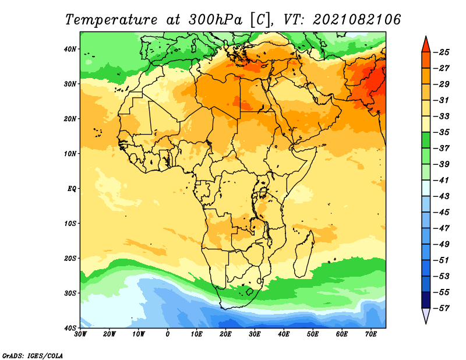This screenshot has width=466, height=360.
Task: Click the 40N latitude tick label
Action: pyautogui.click(x=70, y=49)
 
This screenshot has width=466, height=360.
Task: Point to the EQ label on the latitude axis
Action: pyautogui.click(x=72, y=189)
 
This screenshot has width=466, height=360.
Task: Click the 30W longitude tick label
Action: pyautogui.click(x=80, y=334)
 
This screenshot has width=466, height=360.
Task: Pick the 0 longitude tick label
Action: pyautogui.click(x=168, y=334)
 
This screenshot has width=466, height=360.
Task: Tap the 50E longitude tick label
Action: pyautogui.click(x=313, y=334)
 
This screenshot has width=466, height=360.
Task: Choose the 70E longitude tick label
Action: pyautogui.click(x=371, y=334)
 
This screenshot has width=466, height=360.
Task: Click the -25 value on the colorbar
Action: pyautogui.click(x=442, y=52)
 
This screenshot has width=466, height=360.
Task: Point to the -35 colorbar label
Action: pyautogui.click(x=442, y=132)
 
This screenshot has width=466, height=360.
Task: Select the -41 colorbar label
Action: pyautogui.click(x=442, y=181)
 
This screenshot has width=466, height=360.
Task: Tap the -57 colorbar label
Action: pyautogui.click(x=442, y=308)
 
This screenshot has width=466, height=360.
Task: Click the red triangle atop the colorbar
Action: pyautogui.click(x=426, y=45)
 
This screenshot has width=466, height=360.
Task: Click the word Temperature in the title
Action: pyautogui.click(x=111, y=20)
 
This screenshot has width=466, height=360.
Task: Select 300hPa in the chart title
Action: pyautogui.click(x=215, y=20)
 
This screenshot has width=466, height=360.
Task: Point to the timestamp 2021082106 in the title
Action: pyautogui.click(x=356, y=20)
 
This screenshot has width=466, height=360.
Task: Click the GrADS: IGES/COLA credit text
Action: pyautogui.click(x=33, y=356)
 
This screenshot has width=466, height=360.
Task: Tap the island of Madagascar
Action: pyautogui.click(x=304, y=254)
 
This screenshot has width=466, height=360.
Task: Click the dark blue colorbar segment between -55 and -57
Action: pyautogui.click(x=426, y=300)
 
